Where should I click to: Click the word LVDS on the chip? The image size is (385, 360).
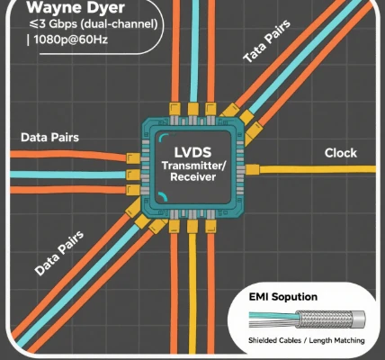point(192,152)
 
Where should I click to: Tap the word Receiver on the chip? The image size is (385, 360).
point(192,176)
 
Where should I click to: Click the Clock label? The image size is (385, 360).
point(341,153)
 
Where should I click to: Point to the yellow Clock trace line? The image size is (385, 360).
point(318,169)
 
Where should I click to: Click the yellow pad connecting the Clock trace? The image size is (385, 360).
point(253,169)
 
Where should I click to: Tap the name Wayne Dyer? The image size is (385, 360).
point(76,8)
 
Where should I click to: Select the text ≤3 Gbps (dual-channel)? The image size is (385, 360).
point(94,24)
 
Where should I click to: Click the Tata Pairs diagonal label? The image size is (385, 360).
point(266,41)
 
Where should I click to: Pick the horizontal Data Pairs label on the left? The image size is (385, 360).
point(49,138)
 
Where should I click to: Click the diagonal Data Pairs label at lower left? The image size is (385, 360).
point(59,254)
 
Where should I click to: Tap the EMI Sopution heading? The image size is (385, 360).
point(283,297)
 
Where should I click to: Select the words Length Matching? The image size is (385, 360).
point(336,340)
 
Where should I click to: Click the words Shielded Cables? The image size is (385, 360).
point(274,340)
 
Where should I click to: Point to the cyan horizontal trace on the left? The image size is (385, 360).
point(67,175)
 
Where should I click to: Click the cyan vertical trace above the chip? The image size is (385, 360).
point(194,51)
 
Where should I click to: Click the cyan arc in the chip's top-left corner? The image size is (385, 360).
point(163,137)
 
